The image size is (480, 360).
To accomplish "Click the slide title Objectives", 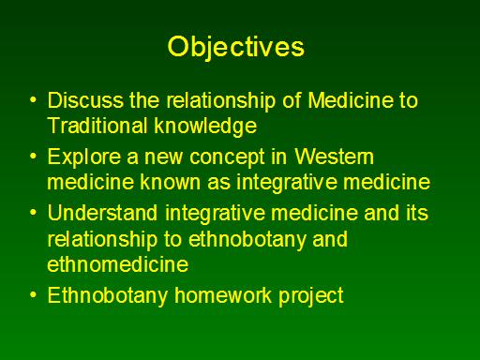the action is [x=236, y=47].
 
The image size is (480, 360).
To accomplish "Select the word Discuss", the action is [x=85, y=100].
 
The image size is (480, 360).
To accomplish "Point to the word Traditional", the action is [x=97, y=126].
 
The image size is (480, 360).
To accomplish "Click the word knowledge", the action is [x=205, y=127].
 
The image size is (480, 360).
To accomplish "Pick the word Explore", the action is [x=84, y=157].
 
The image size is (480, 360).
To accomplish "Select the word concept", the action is [x=228, y=157].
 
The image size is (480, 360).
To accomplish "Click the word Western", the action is [x=334, y=157].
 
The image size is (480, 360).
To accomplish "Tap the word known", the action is [x=171, y=182].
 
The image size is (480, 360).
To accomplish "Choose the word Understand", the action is [x=102, y=213].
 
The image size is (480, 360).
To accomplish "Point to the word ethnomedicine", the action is [x=118, y=264].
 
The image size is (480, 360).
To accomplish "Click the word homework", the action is [x=223, y=295].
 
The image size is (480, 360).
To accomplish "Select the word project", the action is [x=311, y=295].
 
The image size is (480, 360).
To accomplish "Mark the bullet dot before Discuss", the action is [x=33, y=100].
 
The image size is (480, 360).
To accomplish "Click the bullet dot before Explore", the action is [x=33, y=157].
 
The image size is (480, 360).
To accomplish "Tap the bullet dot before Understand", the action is [x=33, y=213].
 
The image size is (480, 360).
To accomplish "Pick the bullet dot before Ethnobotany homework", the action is [x=33, y=295].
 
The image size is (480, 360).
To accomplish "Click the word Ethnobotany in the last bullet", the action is [x=108, y=295].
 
